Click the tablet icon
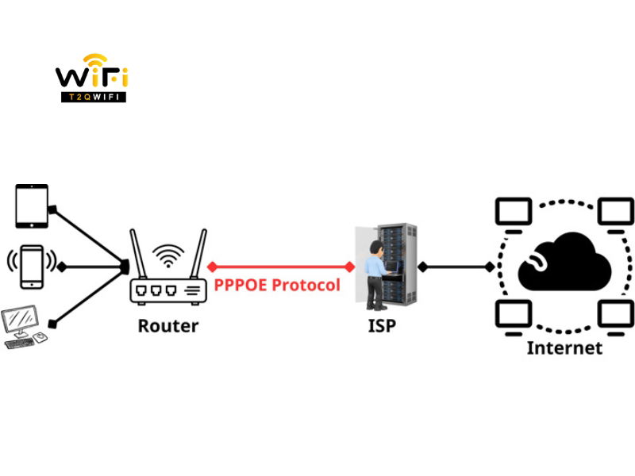(32, 205)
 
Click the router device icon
(167, 290)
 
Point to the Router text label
(167, 325)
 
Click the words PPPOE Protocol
(277, 285)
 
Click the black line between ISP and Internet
(456, 267)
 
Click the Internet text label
(564, 347)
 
